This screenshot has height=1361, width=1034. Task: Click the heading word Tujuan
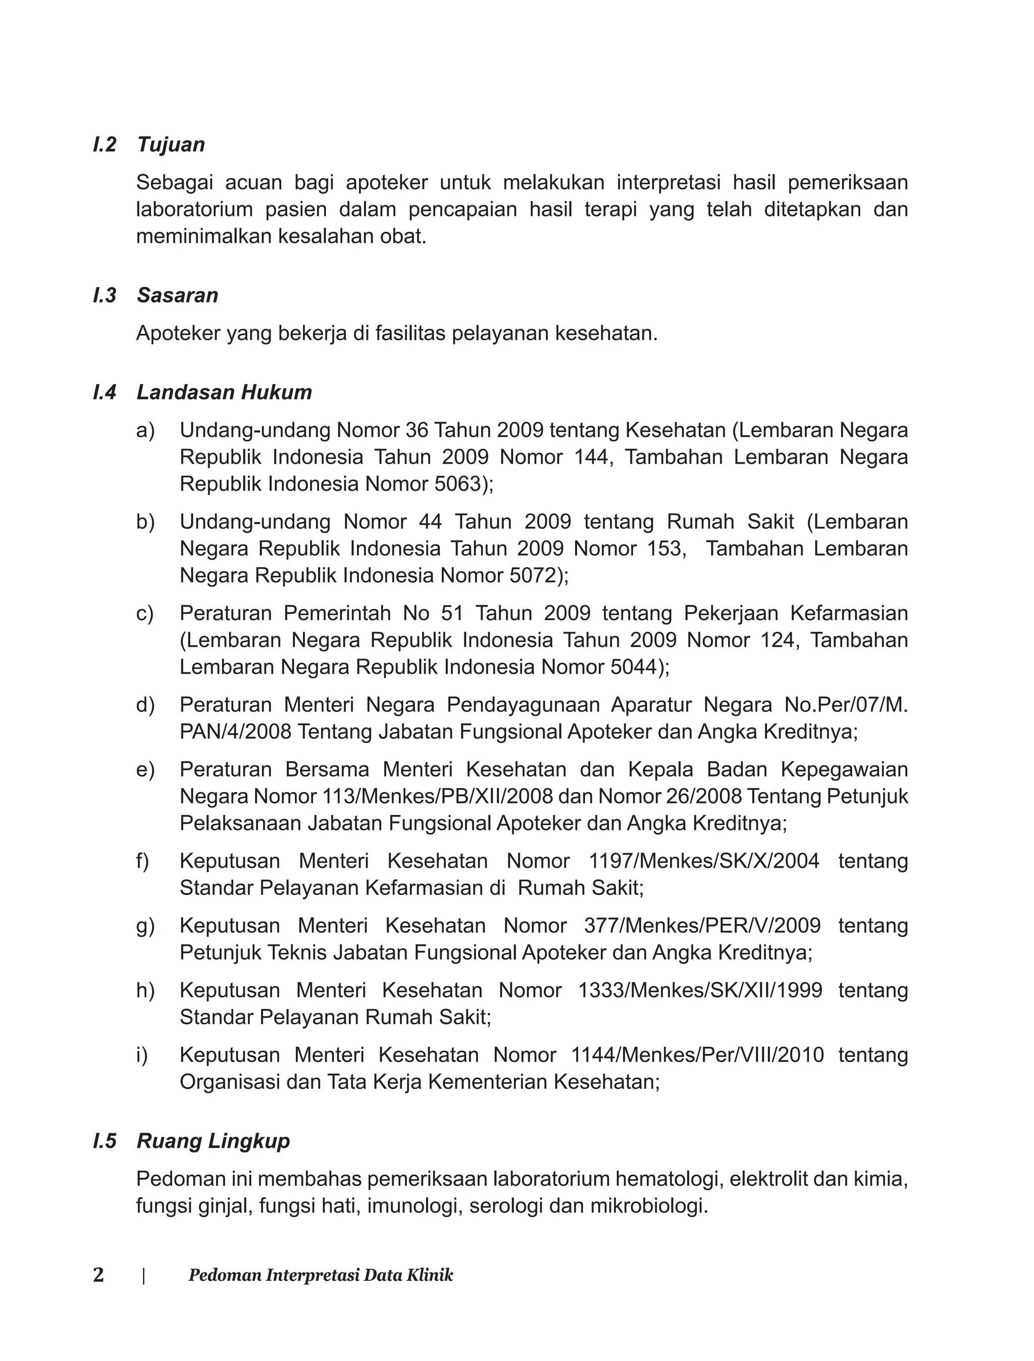tap(171, 144)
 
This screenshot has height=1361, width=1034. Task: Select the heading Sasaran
tap(177, 295)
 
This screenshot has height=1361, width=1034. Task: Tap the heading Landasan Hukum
tap(224, 392)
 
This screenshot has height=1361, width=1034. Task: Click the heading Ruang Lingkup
tap(213, 1141)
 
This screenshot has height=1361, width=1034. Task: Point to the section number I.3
tap(105, 295)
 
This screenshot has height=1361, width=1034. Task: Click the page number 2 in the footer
tap(98, 1276)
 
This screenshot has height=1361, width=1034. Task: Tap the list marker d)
tap(145, 705)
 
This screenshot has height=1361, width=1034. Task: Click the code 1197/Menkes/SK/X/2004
tap(704, 861)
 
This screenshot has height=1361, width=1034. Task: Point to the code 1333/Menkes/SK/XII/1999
tap(700, 990)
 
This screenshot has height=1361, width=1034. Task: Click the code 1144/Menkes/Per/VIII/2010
tap(697, 1055)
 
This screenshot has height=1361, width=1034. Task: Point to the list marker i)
tap(143, 1055)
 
